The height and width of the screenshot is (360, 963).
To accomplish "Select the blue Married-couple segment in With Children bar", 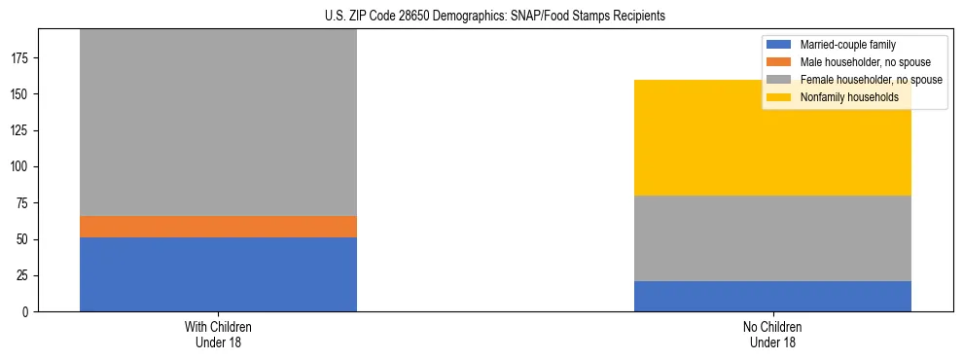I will point(218,273).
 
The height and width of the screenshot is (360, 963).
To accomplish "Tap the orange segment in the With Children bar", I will point(218,227).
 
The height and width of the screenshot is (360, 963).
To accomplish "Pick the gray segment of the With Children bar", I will point(218,123).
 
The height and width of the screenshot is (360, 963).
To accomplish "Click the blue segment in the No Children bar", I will point(772,296).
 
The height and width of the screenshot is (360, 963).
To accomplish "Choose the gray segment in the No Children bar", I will point(772,238).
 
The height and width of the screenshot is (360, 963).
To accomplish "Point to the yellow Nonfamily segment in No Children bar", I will point(772,137).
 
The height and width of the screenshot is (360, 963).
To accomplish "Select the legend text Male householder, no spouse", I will point(866,62).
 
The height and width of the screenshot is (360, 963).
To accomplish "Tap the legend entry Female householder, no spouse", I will point(871,80).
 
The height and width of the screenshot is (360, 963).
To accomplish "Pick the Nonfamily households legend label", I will point(849,97).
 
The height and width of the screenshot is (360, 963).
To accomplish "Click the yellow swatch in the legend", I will point(780,97).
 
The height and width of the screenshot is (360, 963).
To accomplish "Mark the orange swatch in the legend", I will point(780,62).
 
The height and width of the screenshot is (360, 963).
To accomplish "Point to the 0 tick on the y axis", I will point(27,311).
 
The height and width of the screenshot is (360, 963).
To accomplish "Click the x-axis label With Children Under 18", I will point(218,334).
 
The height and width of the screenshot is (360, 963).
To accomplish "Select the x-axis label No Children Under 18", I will point(772,334).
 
